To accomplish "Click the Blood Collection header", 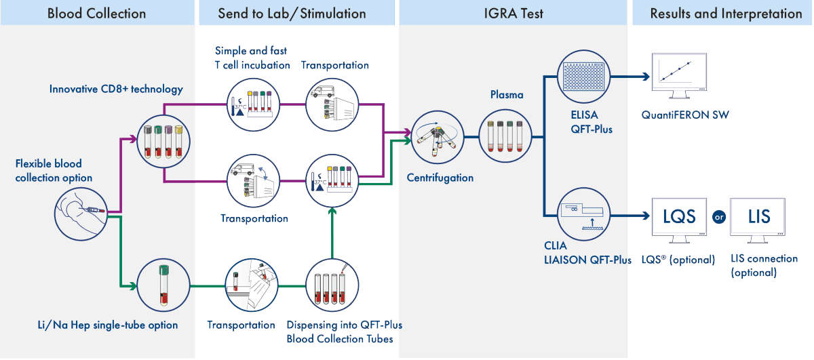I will (x=96, y=13).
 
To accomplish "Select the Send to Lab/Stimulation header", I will (x=292, y=13).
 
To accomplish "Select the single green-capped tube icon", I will (x=163, y=285).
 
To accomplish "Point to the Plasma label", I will (x=507, y=96).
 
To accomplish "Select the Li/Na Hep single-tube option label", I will (x=108, y=325).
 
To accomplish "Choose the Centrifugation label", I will (x=440, y=178).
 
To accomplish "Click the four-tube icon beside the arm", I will (x=163, y=139).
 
